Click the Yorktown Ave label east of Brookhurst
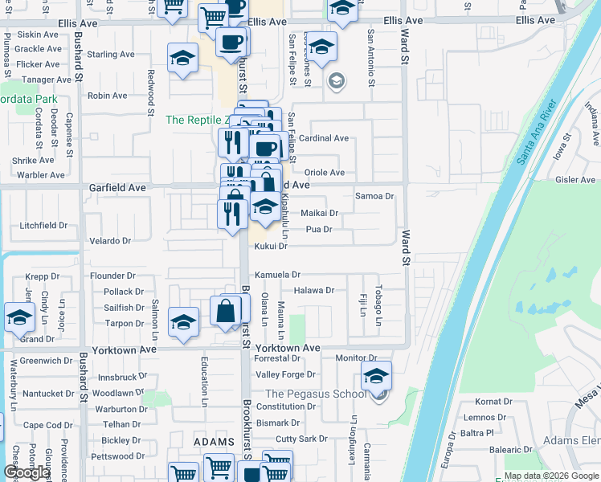point(288,349)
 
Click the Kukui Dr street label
point(271,247)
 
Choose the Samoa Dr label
point(375,196)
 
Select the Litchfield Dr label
point(43,226)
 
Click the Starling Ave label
point(111,55)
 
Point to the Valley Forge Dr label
point(286,375)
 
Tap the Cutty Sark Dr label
point(301,439)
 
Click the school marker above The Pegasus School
point(376,375)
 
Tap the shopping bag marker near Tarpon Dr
point(227,309)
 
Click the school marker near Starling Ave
point(183,57)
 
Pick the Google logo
point(26,472)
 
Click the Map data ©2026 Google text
point(550,476)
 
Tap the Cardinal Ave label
point(324,138)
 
